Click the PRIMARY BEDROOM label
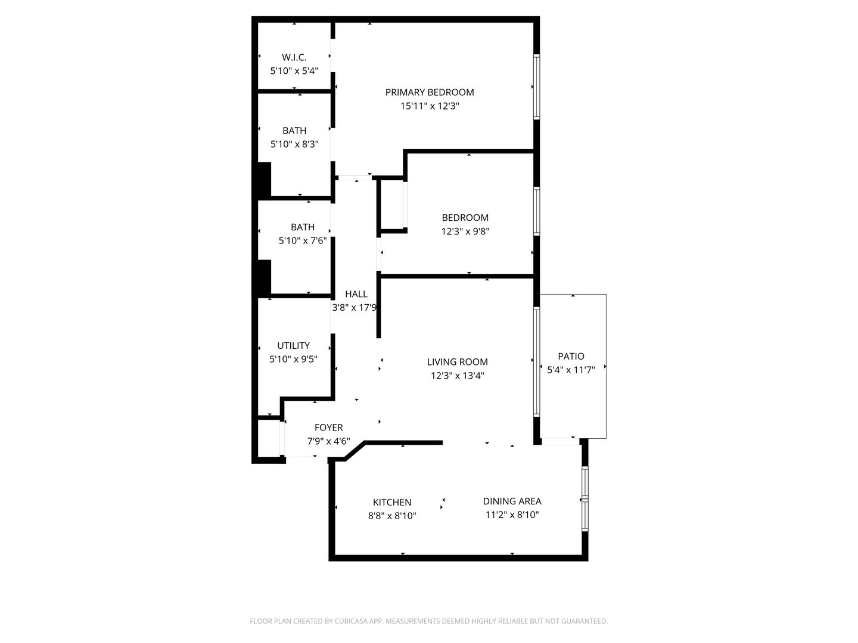(x=429, y=92)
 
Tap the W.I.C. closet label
(x=294, y=57)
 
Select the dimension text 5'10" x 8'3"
(x=294, y=144)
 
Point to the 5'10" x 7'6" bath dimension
(x=303, y=241)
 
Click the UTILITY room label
(x=293, y=345)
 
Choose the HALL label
(x=356, y=294)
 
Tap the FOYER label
(x=328, y=427)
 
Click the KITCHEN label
(x=391, y=502)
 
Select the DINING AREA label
(x=512, y=501)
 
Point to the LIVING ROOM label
(x=457, y=362)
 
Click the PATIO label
(x=570, y=356)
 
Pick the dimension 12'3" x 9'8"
(x=465, y=232)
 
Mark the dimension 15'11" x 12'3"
(x=429, y=107)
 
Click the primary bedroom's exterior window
(x=536, y=87)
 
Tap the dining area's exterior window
(x=585, y=499)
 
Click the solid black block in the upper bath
(x=263, y=180)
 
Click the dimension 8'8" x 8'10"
(x=391, y=516)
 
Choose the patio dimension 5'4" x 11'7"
(x=571, y=370)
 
